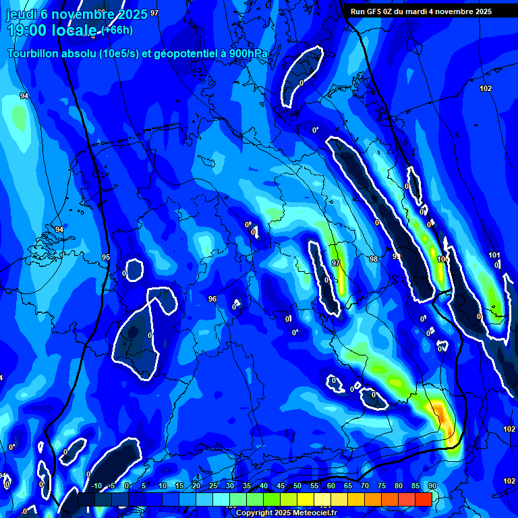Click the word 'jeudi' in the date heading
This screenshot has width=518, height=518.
tap(21, 13)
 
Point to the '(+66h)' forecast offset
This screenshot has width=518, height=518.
tap(117, 30)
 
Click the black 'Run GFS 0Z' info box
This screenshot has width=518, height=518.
tap(421, 11)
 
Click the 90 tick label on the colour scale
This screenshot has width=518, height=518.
tap(432, 486)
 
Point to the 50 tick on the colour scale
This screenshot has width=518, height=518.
tap(297, 486)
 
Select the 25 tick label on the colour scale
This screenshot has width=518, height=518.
tap(212, 486)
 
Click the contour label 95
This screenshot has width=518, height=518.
tap(106, 257)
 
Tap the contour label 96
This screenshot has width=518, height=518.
tap(212, 299)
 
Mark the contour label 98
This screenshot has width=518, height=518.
tap(374, 259)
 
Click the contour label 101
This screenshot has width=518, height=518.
tap(494, 255)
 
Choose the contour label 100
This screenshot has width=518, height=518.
tap(442, 259)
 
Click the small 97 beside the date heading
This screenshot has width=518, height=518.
tap(154, 13)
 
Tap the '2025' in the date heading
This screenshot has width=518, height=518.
tap(132, 13)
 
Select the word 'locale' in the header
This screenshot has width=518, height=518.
tap(76, 30)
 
